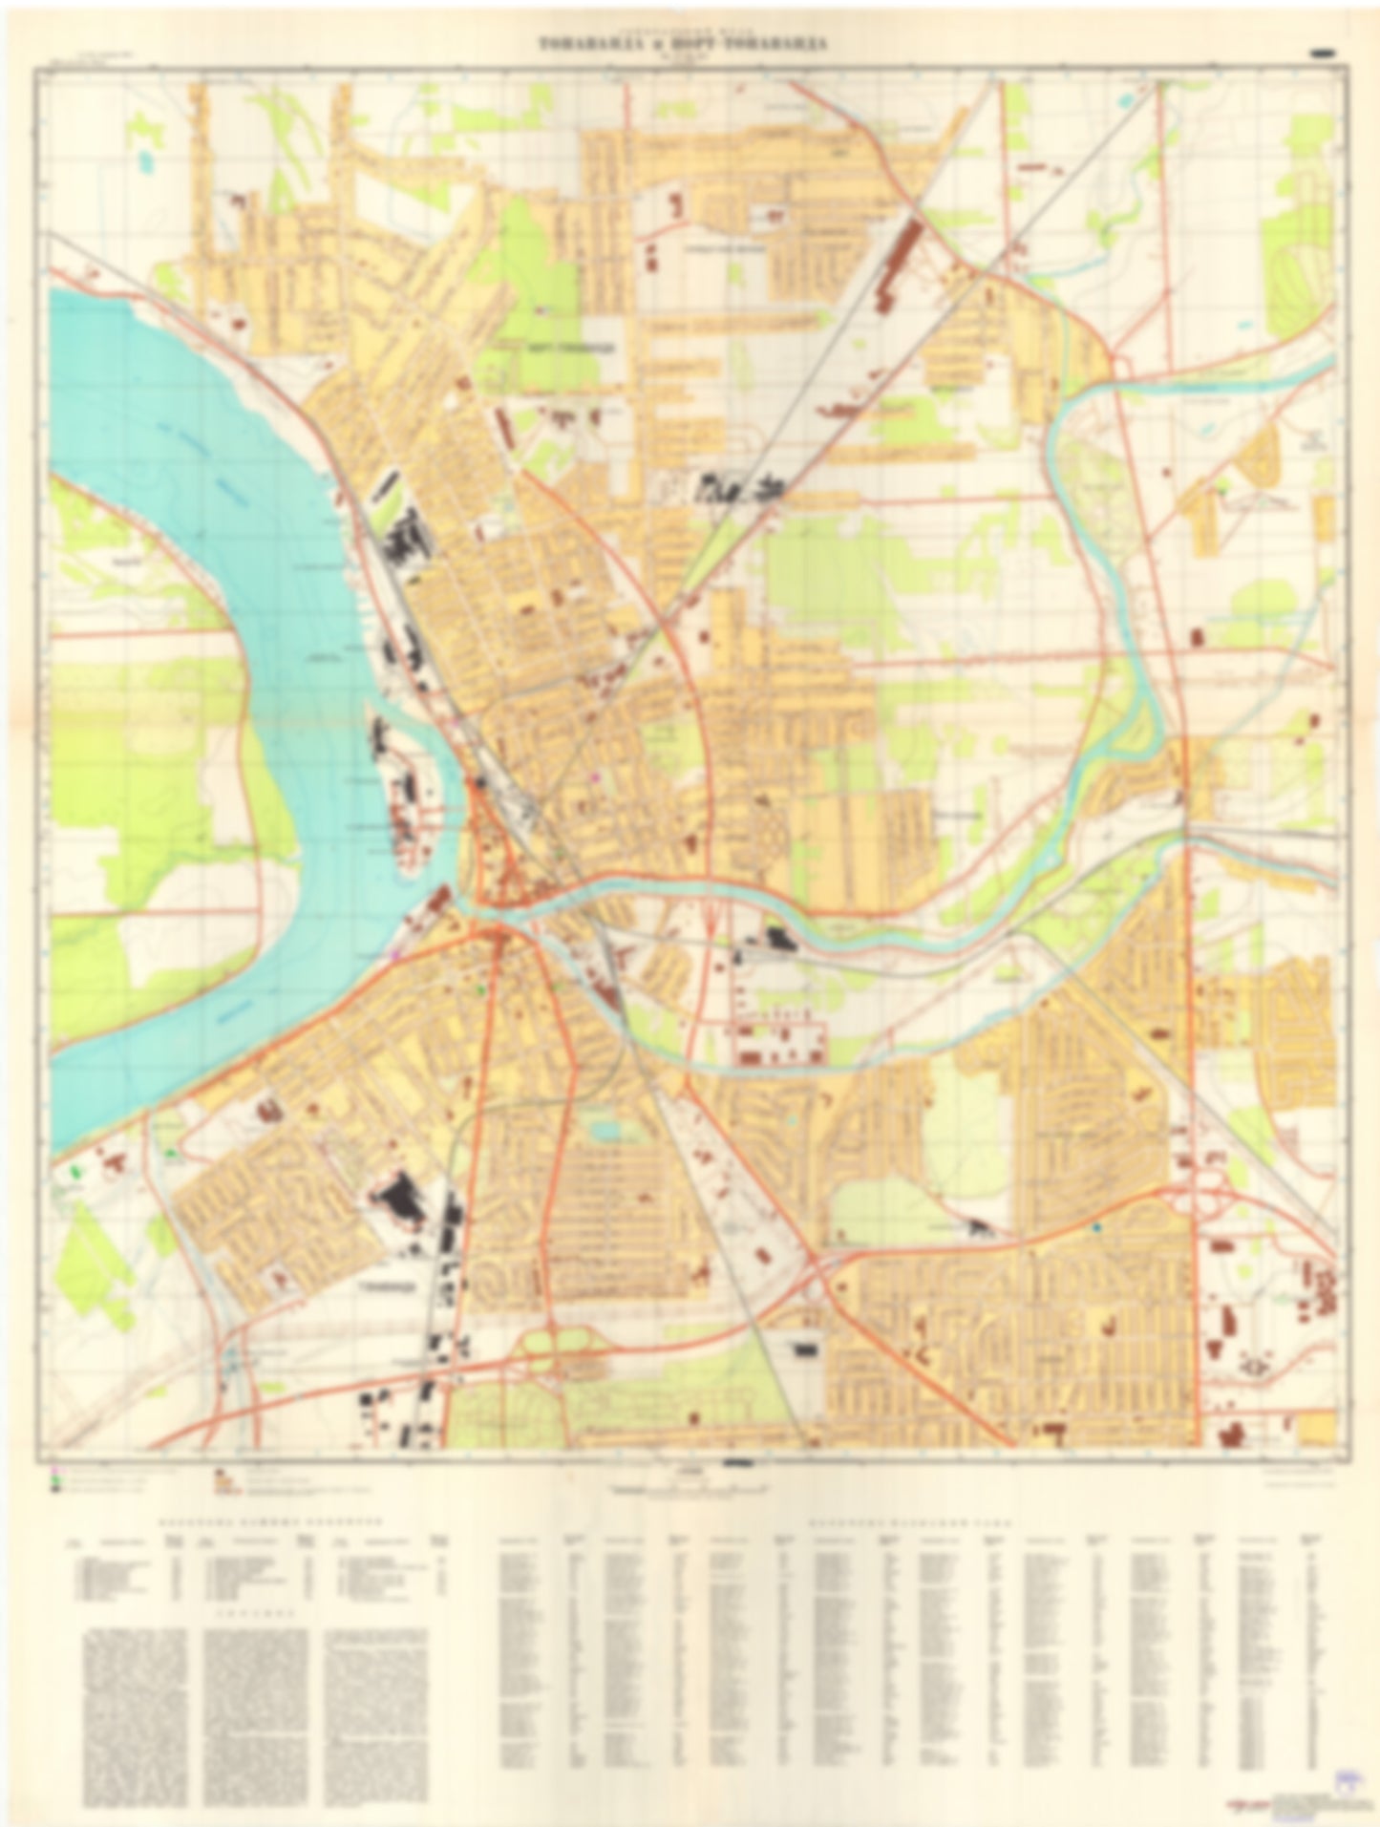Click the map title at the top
pyautogui.click(x=682, y=44)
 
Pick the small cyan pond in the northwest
pyautogui.click(x=144, y=159)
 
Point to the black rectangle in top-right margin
pyautogui.click(x=1325, y=53)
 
